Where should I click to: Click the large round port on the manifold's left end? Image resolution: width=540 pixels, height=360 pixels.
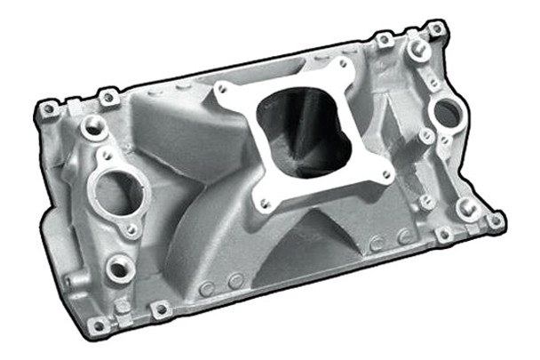point(118,190)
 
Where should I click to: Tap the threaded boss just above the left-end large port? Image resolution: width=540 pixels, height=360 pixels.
point(92,127)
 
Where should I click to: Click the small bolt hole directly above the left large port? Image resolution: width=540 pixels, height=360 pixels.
point(107,155)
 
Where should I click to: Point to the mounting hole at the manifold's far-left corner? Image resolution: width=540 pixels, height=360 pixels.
point(48,108)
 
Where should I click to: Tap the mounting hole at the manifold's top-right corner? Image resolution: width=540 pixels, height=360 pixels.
point(435,28)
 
